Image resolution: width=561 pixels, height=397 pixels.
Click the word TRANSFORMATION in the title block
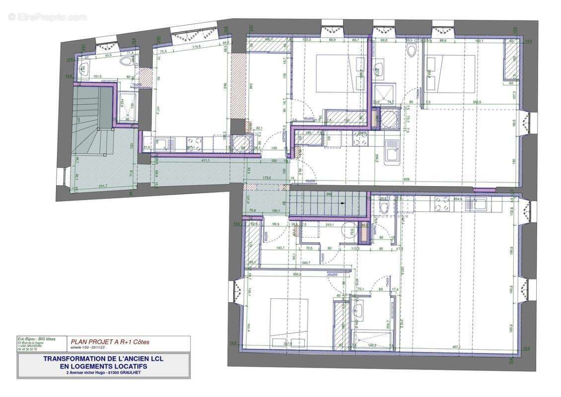click(70, 358)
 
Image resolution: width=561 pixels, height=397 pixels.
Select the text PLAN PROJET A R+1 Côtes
click(109, 341)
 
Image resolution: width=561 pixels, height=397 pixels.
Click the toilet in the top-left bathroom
click(128, 61)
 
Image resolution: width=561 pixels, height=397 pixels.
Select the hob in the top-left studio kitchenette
click(194, 144)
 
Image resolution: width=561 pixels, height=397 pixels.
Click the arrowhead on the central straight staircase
click(343, 203)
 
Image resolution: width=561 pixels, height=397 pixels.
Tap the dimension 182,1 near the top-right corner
click(481, 40)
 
